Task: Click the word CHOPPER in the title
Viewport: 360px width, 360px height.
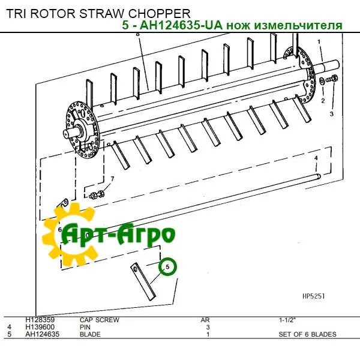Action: (x=159, y=14)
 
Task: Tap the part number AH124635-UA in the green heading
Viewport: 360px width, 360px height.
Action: (x=181, y=25)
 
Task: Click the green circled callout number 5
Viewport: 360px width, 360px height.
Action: (x=168, y=266)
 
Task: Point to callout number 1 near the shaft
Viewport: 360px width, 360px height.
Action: (x=319, y=42)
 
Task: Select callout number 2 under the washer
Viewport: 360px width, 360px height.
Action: (x=323, y=101)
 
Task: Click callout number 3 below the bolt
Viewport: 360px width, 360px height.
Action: (x=332, y=114)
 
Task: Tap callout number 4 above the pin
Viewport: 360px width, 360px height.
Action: (x=316, y=158)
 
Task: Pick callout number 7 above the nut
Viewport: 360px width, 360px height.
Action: (x=112, y=179)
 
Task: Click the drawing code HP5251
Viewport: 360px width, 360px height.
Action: (x=313, y=296)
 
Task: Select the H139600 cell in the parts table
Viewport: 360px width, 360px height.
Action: (x=40, y=327)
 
